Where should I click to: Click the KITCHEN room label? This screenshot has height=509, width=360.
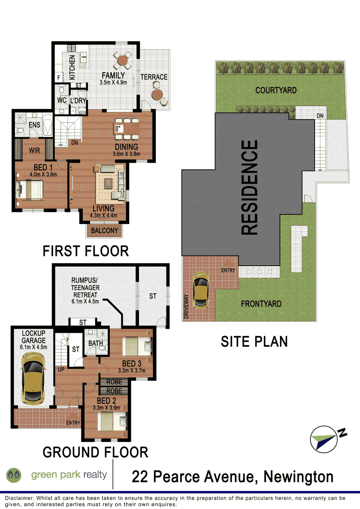(x=72, y=67)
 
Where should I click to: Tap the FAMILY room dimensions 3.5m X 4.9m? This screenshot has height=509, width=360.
(x=113, y=82)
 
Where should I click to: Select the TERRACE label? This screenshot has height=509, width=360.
(x=154, y=77)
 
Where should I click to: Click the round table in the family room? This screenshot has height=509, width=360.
(x=122, y=60)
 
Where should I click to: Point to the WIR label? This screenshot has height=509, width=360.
(x=35, y=150)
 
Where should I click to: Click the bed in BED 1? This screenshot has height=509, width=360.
(x=30, y=190)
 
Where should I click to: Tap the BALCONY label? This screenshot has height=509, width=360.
(x=104, y=231)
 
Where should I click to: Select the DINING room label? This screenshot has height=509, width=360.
(x=126, y=147)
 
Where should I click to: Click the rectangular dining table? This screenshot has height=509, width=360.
(x=127, y=129)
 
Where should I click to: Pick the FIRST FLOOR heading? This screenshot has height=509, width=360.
(x=86, y=251)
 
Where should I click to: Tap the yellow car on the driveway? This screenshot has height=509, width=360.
(x=201, y=290)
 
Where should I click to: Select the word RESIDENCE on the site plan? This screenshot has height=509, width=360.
(x=250, y=188)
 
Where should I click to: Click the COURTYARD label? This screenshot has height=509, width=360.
(x=276, y=90)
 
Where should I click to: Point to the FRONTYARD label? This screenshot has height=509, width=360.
(x=261, y=304)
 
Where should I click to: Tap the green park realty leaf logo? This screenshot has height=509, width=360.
(x=13, y=476)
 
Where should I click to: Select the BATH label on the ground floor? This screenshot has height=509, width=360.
(x=95, y=343)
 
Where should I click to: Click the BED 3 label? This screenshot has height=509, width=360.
(x=131, y=364)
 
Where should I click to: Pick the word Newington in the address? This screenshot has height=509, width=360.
(x=299, y=477)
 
